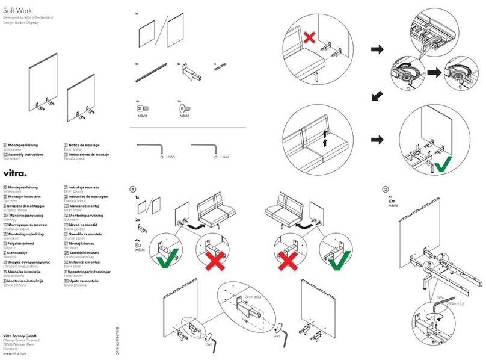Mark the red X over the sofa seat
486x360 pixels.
309,39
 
